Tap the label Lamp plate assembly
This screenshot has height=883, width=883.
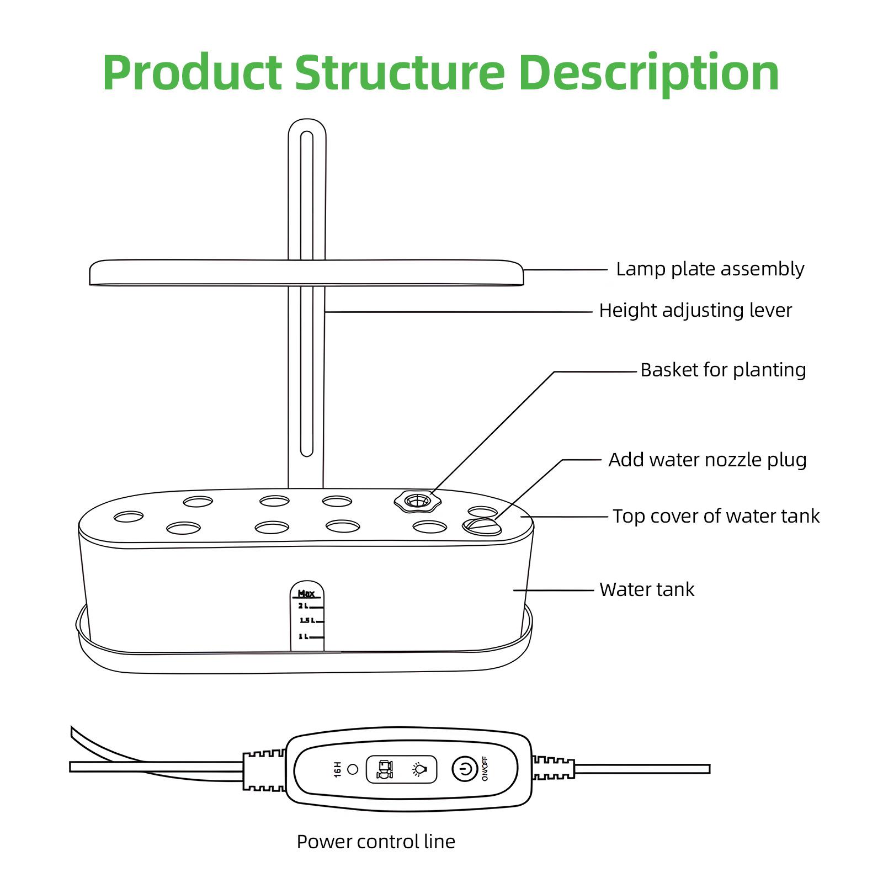(710, 269)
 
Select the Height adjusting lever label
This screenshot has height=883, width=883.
(695, 311)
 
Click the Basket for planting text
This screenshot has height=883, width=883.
(722, 370)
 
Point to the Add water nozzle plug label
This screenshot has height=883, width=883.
(707, 460)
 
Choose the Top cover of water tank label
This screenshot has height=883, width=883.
(716, 517)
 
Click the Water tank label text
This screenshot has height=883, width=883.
(646, 590)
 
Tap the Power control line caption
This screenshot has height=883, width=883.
(375, 842)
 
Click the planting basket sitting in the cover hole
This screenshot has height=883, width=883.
(418, 501)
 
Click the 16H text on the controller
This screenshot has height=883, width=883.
(338, 769)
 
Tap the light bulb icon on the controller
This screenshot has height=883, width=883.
(419, 769)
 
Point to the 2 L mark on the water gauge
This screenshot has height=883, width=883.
(304, 606)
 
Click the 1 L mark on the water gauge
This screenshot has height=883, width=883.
(303, 636)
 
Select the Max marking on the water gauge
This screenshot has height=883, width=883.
(306, 594)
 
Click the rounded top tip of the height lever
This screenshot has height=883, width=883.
(307, 126)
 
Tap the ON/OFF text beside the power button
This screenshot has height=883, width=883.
(485, 769)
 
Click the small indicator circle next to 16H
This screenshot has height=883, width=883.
(353, 769)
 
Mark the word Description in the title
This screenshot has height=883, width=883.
(648, 73)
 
